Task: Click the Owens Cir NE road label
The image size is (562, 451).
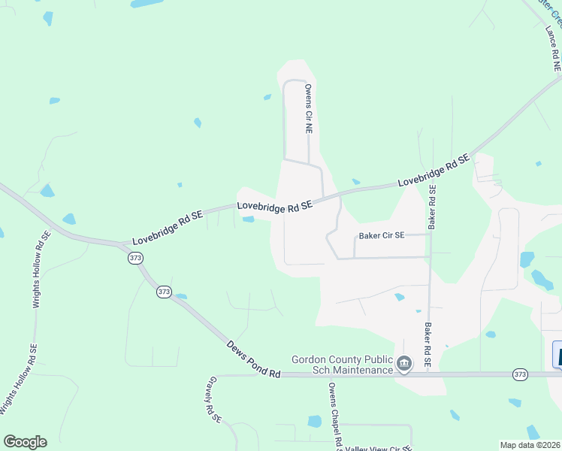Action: coord(308,108)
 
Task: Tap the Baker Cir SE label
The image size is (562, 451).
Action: coord(382,235)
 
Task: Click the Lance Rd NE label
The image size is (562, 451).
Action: coord(553,49)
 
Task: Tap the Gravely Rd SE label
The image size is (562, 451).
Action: coord(214,398)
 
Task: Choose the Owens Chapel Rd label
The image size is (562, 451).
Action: coord(335,413)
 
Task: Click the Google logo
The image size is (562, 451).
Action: coord(25,442)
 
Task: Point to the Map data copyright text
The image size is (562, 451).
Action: coord(530,445)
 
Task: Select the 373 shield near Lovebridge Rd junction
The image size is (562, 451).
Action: coord(135,258)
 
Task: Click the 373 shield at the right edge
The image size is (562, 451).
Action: coord(521,374)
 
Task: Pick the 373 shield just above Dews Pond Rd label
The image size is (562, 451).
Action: coord(165,292)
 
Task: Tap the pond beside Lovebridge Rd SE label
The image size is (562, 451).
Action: coord(248,219)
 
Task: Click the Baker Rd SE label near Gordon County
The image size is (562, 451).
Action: coord(427,345)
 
